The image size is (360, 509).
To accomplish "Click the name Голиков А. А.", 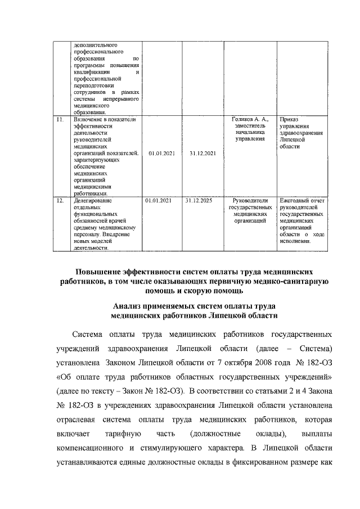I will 251,119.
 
